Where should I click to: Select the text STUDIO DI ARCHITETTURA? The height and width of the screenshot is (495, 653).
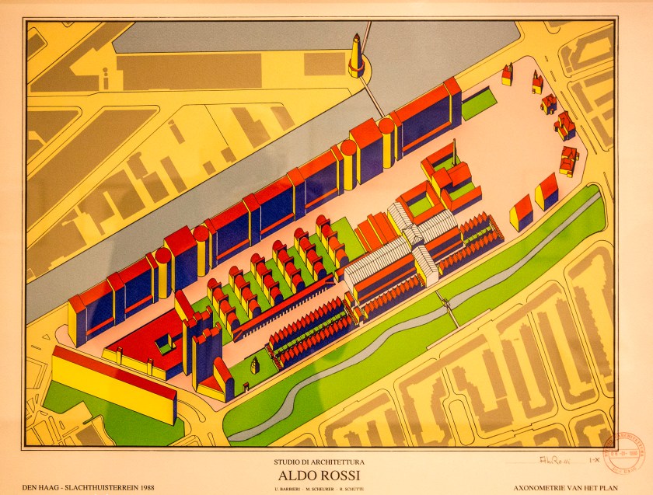click(x=326, y=463)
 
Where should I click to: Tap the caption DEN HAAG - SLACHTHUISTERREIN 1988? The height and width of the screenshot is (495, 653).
click(x=72, y=487)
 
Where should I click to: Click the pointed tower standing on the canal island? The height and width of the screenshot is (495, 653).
click(x=356, y=56)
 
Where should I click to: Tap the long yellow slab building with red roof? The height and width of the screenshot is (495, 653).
click(x=113, y=385)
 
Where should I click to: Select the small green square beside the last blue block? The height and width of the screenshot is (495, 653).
click(x=478, y=103)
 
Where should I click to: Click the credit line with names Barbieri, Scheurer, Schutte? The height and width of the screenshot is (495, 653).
click(x=326, y=488)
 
